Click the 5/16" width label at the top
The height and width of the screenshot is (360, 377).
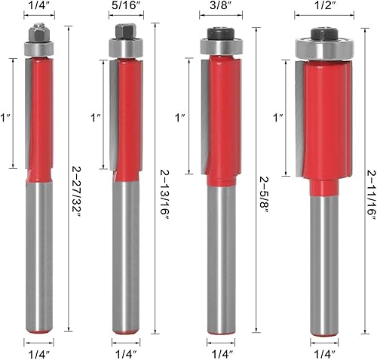126,5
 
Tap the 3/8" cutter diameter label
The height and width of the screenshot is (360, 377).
221,5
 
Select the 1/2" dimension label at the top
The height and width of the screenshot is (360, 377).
324,5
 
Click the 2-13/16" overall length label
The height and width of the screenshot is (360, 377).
164,195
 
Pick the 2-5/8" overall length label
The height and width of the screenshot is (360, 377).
265,195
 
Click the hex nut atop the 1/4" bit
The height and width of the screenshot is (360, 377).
38,32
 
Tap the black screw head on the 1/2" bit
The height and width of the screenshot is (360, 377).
324,34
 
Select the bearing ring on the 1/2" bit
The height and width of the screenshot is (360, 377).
324,49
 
